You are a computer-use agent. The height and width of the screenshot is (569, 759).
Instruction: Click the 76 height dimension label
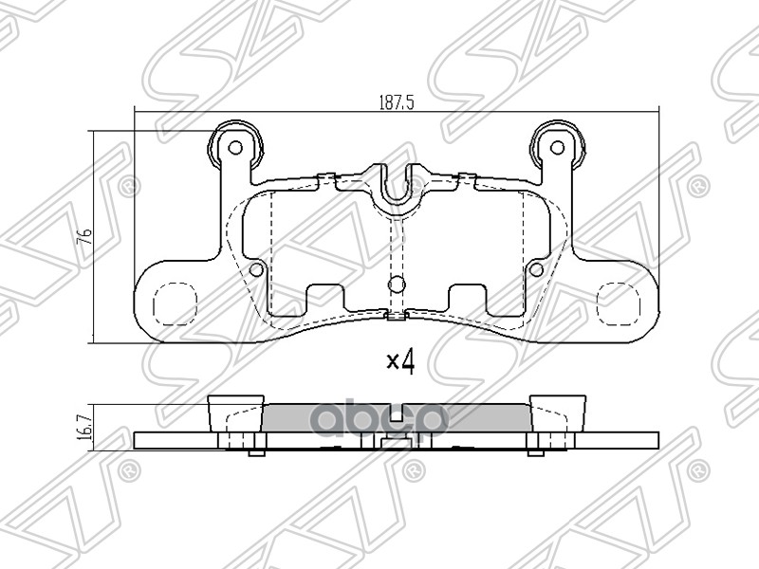(x=83, y=236)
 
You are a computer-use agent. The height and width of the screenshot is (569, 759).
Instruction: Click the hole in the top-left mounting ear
(x=234, y=148)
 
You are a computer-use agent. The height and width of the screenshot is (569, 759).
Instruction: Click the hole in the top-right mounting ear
(x=559, y=148)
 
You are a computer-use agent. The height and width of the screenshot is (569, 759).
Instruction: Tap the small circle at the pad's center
(x=398, y=283)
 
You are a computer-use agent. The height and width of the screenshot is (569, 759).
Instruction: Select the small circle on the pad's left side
(x=255, y=270)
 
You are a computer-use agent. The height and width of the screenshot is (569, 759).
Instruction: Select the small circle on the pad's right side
(x=536, y=270)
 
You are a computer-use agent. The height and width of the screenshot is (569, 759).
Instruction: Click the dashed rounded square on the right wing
(x=618, y=303)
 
